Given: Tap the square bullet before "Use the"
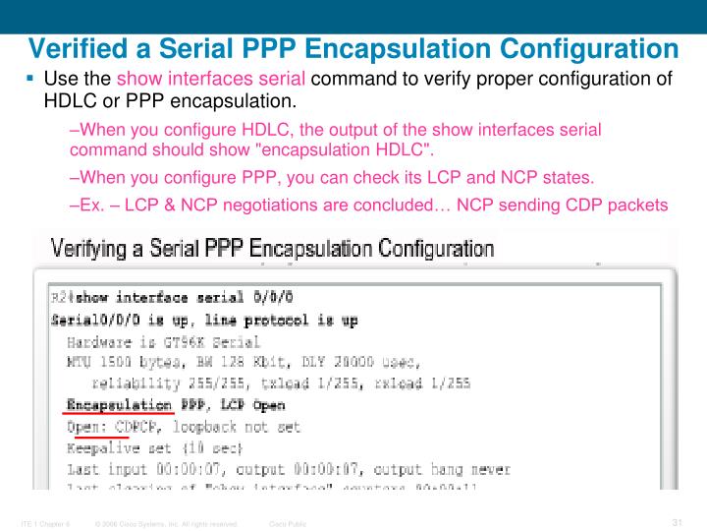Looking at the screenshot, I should (x=31, y=80).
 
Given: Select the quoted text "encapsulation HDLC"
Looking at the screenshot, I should (x=359, y=149).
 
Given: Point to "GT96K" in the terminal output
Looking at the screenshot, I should (x=172, y=342).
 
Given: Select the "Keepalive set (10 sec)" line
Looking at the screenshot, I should (x=143, y=447).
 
